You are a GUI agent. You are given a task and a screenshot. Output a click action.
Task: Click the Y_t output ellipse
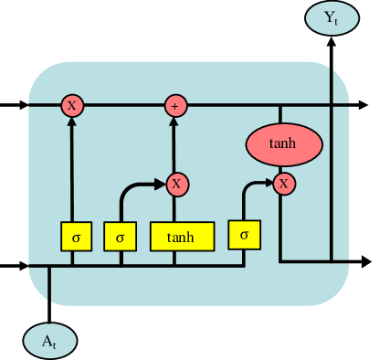331,17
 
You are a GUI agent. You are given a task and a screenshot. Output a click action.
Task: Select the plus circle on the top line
174,105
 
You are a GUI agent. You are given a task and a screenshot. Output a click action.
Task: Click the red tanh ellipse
284,143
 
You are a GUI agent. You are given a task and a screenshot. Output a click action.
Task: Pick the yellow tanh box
182,237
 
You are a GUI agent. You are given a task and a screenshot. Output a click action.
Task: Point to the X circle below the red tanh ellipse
285,184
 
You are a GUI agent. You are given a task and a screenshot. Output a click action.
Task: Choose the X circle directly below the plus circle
175,184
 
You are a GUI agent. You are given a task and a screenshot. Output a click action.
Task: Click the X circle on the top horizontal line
71,105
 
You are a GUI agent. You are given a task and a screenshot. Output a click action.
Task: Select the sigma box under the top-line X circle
76,237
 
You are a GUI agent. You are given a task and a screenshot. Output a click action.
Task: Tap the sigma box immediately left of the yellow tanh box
120,237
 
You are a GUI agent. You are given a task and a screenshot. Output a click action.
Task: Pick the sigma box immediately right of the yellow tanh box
244,234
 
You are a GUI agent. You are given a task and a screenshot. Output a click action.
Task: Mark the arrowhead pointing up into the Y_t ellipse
331,42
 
